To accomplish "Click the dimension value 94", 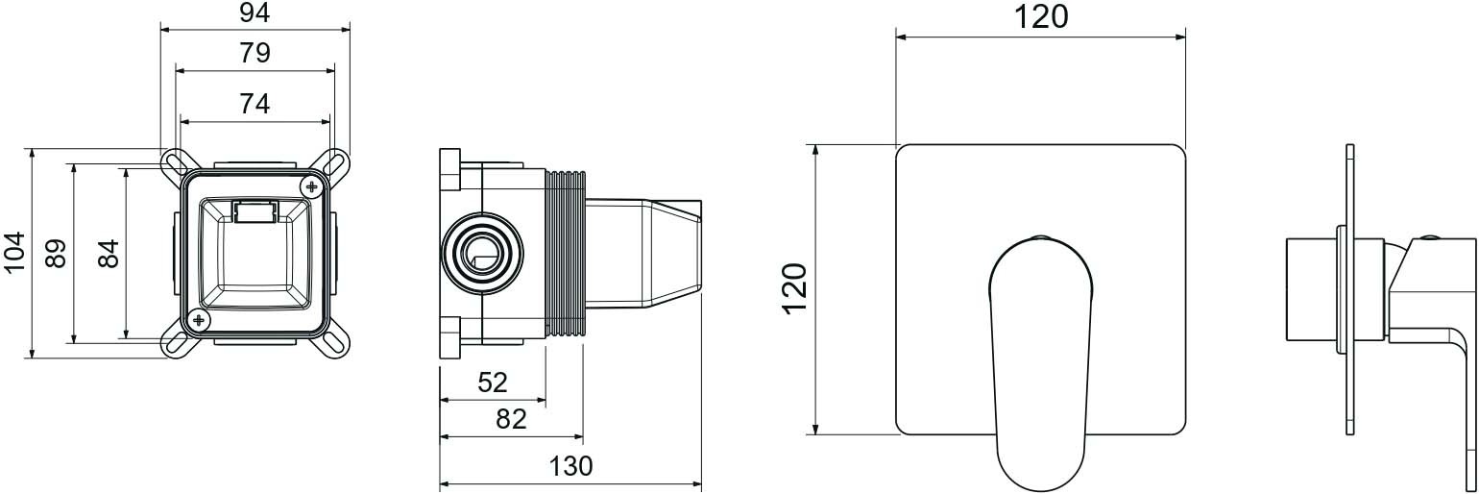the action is [255, 12].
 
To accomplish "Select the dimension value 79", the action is [255, 53].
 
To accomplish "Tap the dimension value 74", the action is [255, 104].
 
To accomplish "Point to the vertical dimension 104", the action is [13, 252].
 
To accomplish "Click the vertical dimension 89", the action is [56, 253].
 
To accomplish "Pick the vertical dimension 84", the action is [109, 253].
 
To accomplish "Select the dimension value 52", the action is [492, 383].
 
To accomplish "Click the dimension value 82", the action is [511, 419].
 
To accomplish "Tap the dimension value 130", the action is [571, 466].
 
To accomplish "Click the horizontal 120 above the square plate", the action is [1041, 16].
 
